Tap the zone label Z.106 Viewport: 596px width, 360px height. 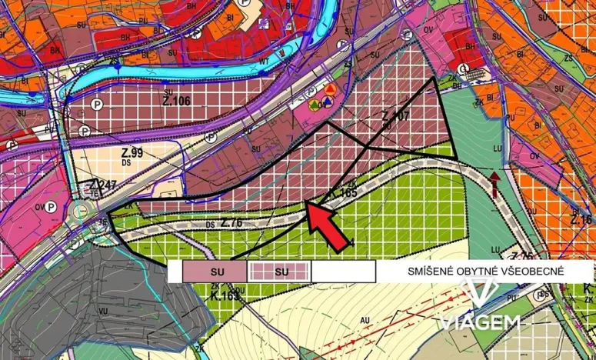[x=176, y=101]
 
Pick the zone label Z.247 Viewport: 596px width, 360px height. [x=102, y=185]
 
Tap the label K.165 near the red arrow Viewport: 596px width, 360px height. [x=343, y=193]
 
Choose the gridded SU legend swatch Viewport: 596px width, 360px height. [x=279, y=272]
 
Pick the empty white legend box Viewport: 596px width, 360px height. [x=343, y=272]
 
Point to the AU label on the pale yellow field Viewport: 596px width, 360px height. [x=365, y=318]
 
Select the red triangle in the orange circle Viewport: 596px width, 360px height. [x=328, y=90]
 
